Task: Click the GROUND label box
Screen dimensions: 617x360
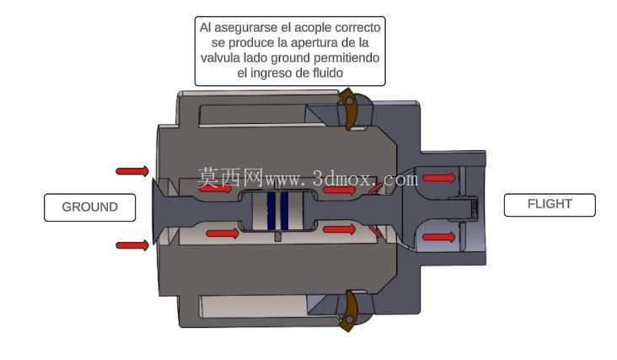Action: [x=89, y=207]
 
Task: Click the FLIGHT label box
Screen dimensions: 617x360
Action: [x=550, y=205]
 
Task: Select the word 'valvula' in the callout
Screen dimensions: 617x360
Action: [x=219, y=58]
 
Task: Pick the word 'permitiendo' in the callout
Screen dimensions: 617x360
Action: [x=346, y=58]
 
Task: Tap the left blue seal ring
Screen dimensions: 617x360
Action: [x=271, y=211]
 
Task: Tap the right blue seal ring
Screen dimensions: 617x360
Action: [x=285, y=211]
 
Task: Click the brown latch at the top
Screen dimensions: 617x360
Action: [x=348, y=109]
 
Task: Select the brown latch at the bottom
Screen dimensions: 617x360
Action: [x=348, y=311]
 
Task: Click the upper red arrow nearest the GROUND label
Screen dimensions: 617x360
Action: [x=132, y=171]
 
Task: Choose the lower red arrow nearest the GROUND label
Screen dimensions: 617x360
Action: [x=132, y=245]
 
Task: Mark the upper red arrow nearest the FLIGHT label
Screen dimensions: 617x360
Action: [x=439, y=178]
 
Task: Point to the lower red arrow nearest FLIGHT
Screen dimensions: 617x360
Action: [x=439, y=237]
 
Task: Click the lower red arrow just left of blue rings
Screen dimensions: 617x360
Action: [x=223, y=234]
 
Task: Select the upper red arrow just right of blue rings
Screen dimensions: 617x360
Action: [x=340, y=191]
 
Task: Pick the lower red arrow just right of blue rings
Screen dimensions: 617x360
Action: [x=340, y=229]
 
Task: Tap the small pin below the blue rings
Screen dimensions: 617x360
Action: [x=278, y=236]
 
